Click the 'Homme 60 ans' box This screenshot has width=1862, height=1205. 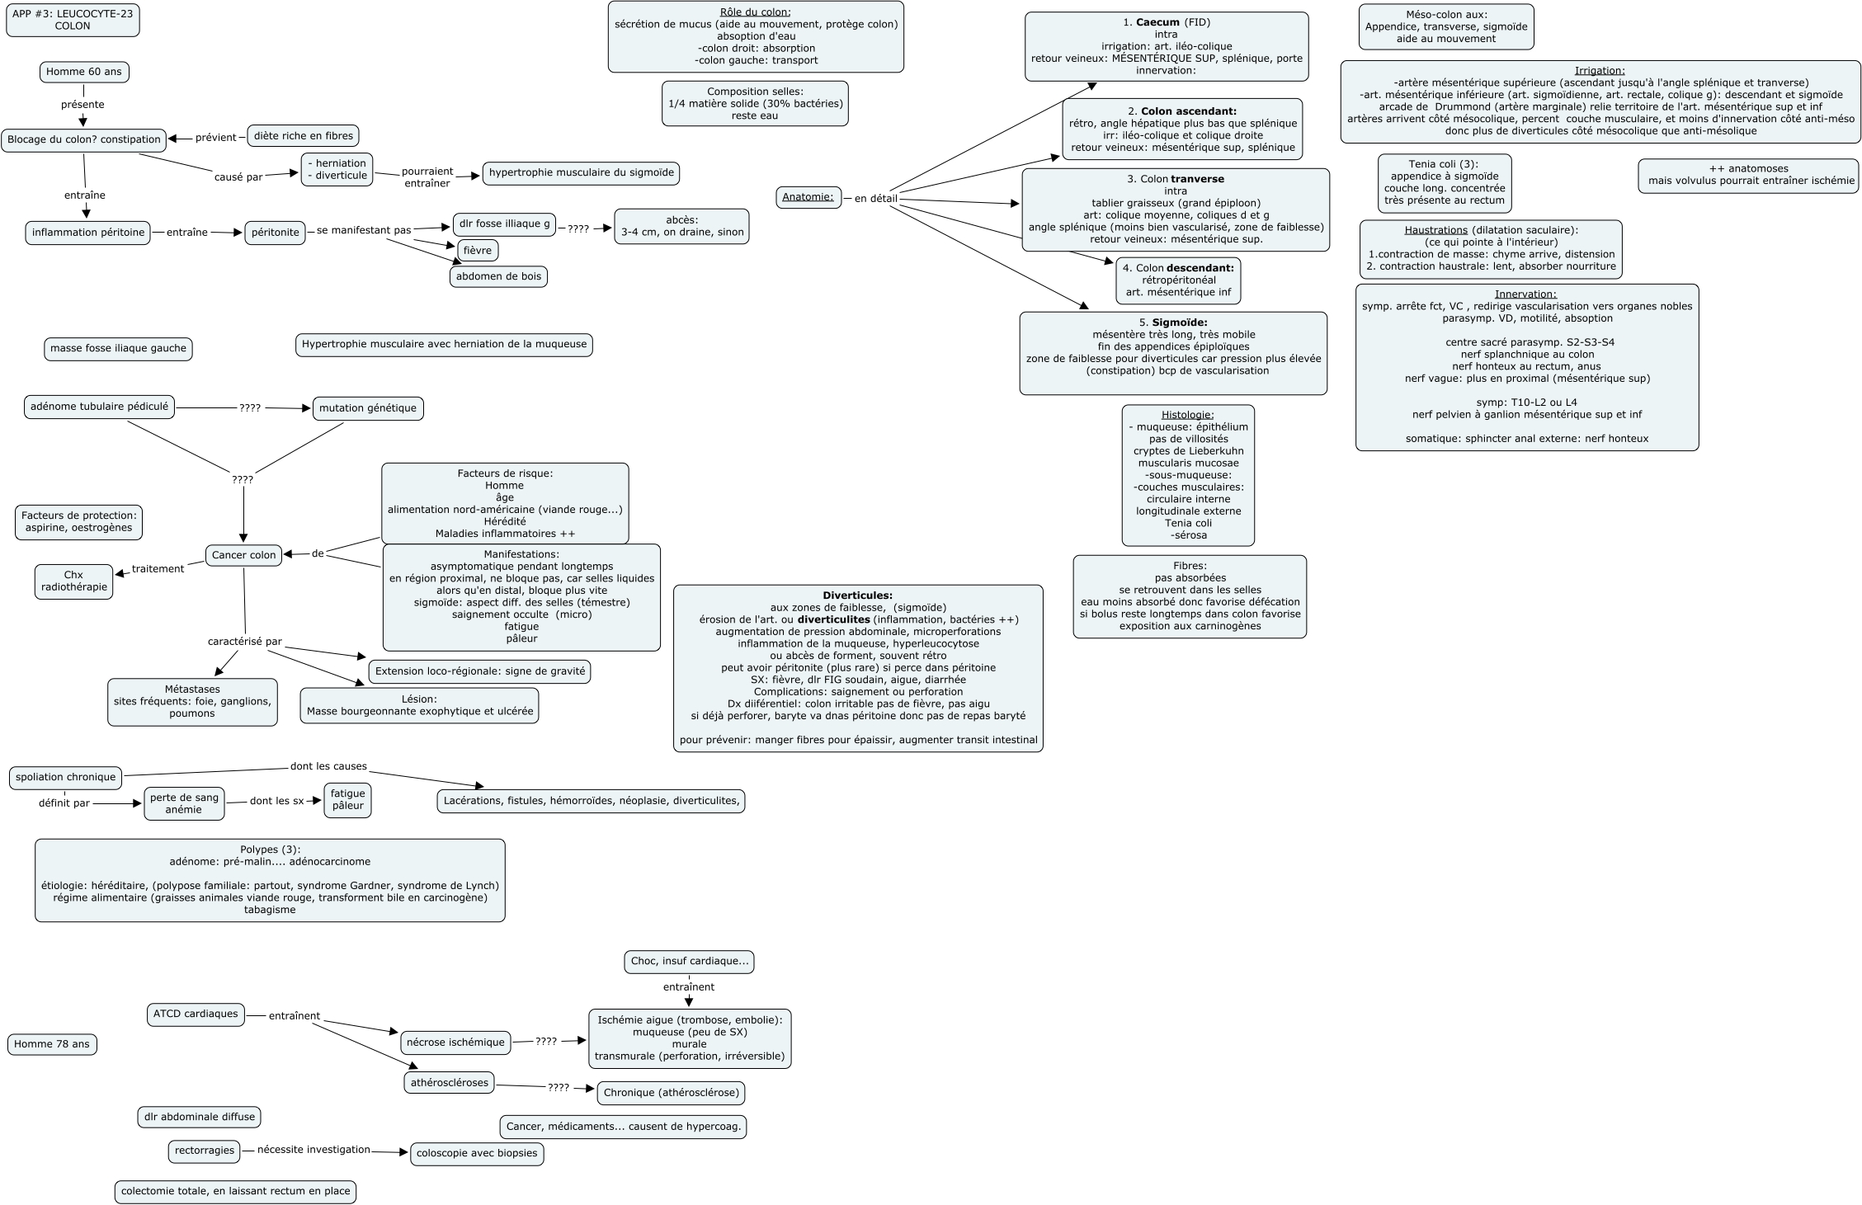tap(84, 72)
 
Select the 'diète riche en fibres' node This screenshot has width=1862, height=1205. tap(304, 136)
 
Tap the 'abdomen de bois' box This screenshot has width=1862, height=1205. tap(498, 276)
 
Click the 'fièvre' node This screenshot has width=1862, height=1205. tap(478, 250)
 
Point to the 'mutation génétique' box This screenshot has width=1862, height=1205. tap(368, 408)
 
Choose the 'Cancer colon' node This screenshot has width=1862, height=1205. tap(243, 555)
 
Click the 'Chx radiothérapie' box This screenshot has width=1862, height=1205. tap(74, 581)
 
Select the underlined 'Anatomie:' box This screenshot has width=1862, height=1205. tap(808, 197)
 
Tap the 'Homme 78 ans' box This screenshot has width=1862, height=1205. tap(52, 1044)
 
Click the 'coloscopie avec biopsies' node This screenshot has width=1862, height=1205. tap(477, 1153)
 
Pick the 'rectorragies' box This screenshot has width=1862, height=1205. tap(204, 1151)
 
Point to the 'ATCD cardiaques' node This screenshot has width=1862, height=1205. tap(196, 1014)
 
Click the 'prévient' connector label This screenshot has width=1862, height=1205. tap(216, 138)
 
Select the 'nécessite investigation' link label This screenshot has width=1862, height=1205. tap(313, 1150)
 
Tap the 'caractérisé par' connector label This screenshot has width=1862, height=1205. tap(245, 641)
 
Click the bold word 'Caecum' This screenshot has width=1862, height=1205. tap(1157, 22)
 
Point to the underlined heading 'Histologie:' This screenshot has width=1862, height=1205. tap(1187, 415)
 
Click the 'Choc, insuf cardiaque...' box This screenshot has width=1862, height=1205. tap(689, 962)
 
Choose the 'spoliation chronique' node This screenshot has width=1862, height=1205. tap(66, 777)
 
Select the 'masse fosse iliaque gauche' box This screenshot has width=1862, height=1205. tap(118, 349)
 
